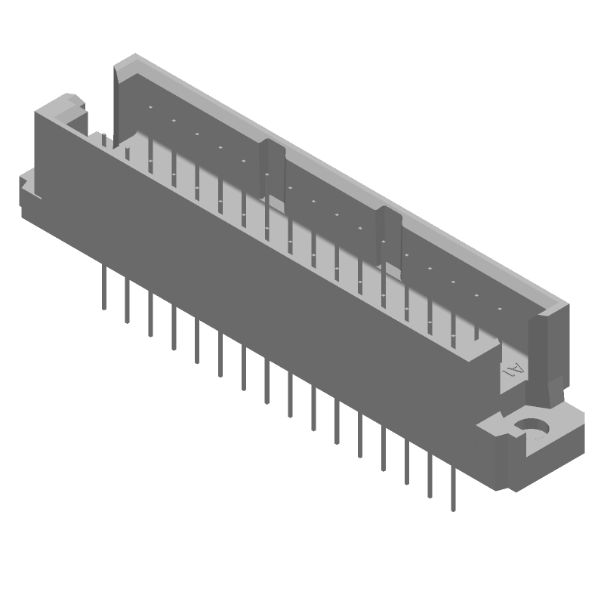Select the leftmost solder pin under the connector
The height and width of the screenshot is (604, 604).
coord(104,287)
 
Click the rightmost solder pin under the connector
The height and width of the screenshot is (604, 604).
coord(453,487)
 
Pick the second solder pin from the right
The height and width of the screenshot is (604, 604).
coord(430,474)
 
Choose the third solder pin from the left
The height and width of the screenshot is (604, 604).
coord(151,314)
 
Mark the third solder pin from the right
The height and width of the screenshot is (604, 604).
coord(407,461)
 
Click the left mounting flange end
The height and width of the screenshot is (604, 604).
coord(29,193)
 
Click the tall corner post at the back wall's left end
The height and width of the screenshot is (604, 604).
coord(123,98)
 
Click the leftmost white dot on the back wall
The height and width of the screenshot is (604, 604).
coord(150,108)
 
